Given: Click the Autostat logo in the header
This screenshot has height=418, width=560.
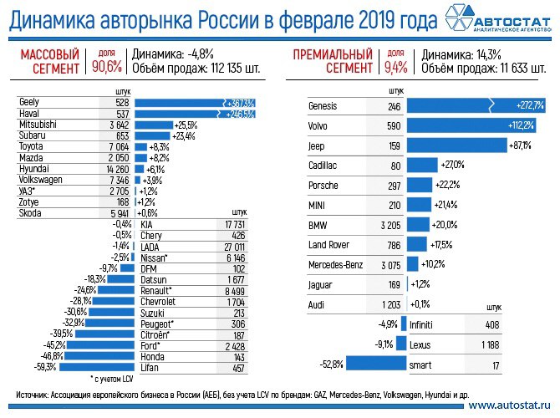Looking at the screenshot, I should [498, 19].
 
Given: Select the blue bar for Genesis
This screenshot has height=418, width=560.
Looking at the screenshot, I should [477, 106].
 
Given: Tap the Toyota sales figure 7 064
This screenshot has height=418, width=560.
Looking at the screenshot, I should [112, 145].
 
